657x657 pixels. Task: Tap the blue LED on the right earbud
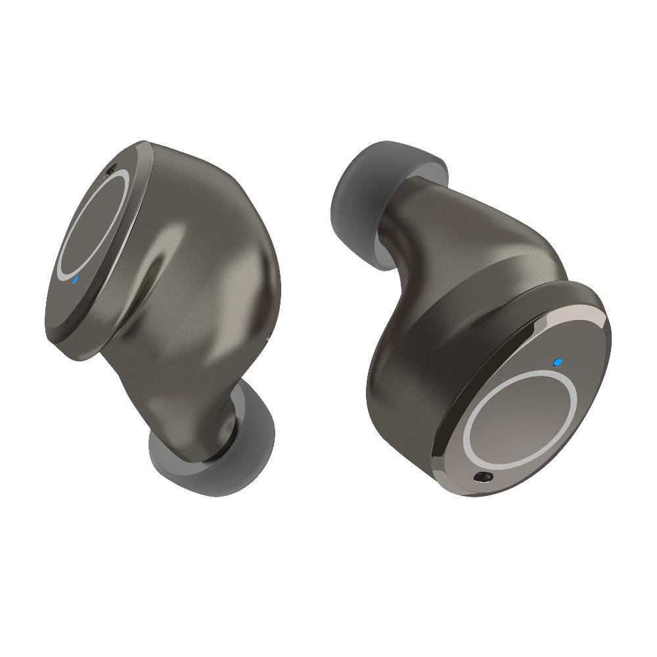click(558, 361)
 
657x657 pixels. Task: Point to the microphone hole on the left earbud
click(109, 170)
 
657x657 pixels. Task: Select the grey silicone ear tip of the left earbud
click(197, 453)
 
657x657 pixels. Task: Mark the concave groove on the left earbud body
click(161, 276)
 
